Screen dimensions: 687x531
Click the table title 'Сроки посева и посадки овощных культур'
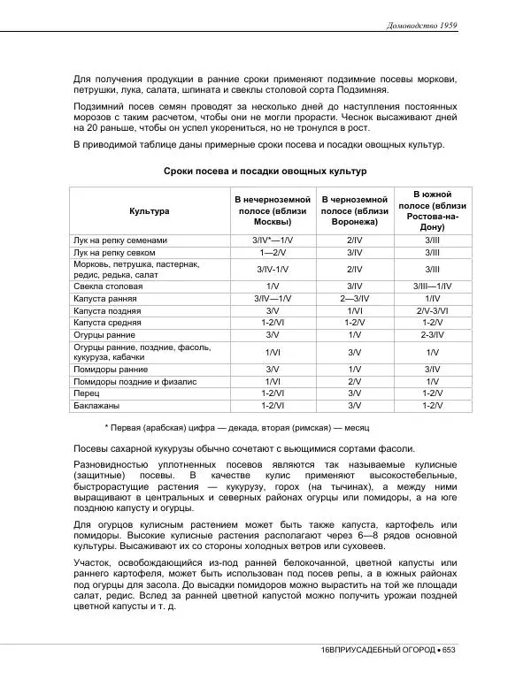point(265,171)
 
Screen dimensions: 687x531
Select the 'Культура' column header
point(149,211)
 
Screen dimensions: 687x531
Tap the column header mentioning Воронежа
point(354,211)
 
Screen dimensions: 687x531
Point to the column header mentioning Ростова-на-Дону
point(433,210)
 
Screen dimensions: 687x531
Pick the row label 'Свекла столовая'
point(107,286)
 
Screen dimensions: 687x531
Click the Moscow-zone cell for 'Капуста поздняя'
point(273,311)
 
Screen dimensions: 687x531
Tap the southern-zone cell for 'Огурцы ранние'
point(433,335)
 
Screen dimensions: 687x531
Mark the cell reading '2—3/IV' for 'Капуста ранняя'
point(354,299)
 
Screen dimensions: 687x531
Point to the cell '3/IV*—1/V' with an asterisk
point(273,240)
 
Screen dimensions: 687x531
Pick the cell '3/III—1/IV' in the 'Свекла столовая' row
point(433,286)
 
